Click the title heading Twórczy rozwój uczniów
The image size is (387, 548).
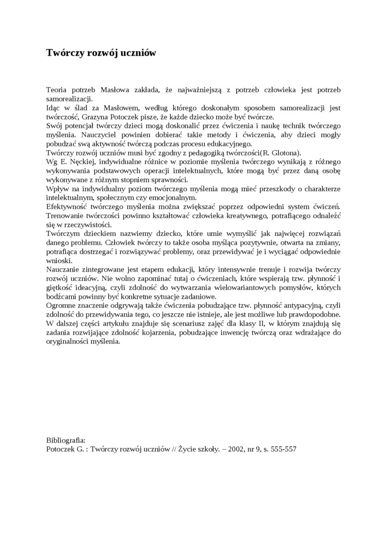click(x=101, y=53)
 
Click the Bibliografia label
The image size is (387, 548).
click(x=66, y=440)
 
